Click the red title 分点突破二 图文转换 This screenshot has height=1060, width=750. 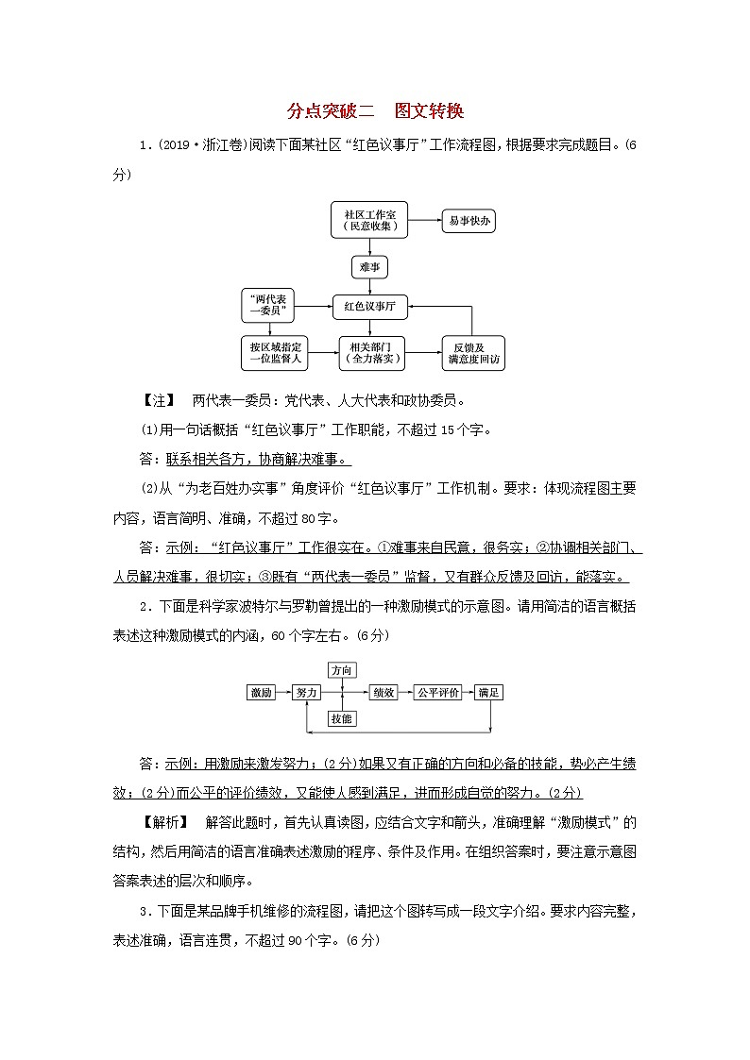point(375,111)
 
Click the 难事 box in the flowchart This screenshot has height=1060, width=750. point(369,267)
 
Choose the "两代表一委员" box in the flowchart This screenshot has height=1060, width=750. point(269,305)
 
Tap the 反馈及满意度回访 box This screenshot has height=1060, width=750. point(473,352)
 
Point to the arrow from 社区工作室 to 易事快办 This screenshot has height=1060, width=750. point(428,221)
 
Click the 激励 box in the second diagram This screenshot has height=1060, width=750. point(262,692)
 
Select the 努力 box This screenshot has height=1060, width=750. point(307,692)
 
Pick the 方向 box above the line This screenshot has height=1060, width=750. point(342,670)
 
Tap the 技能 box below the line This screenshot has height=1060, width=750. point(342,718)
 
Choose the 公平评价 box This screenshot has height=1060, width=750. point(438,692)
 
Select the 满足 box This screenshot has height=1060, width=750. point(488,692)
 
